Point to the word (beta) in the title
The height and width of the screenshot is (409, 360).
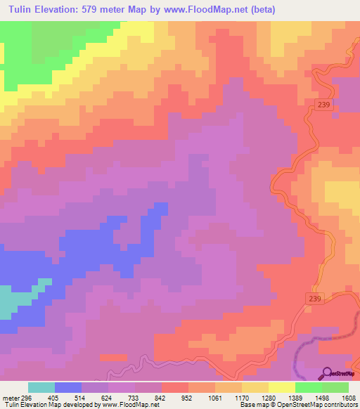(x=262, y=10)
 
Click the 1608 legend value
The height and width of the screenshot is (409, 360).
(x=348, y=397)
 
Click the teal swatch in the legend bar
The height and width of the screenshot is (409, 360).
(x=41, y=387)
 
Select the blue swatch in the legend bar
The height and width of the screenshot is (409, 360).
(x=68, y=387)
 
